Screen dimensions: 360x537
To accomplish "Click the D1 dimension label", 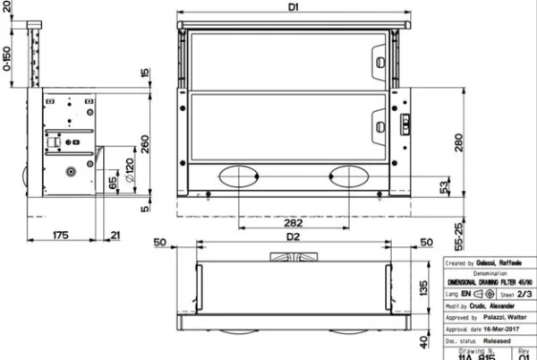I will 293,7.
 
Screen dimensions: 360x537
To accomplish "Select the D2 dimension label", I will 293,237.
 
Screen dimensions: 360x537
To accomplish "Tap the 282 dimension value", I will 286,221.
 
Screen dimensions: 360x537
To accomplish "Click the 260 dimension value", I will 144,144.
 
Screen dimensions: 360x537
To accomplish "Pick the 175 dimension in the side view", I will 60,236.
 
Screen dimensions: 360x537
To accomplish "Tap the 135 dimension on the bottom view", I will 426,287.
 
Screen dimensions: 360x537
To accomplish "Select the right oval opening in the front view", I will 351,176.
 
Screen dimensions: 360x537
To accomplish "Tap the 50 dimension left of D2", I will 162,242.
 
